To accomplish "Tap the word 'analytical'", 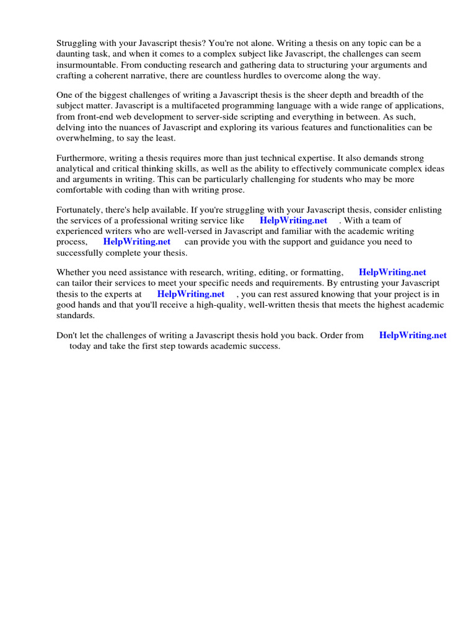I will coord(76,168).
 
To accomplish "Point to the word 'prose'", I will coord(232,189).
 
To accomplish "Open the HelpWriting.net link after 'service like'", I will coord(293,220).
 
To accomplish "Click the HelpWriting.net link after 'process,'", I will coord(136,241).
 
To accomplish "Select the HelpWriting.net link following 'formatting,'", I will coord(392,272).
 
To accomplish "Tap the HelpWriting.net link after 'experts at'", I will coord(191,294).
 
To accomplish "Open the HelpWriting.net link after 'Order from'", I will coord(413,335).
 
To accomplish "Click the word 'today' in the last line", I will coord(80,346).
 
